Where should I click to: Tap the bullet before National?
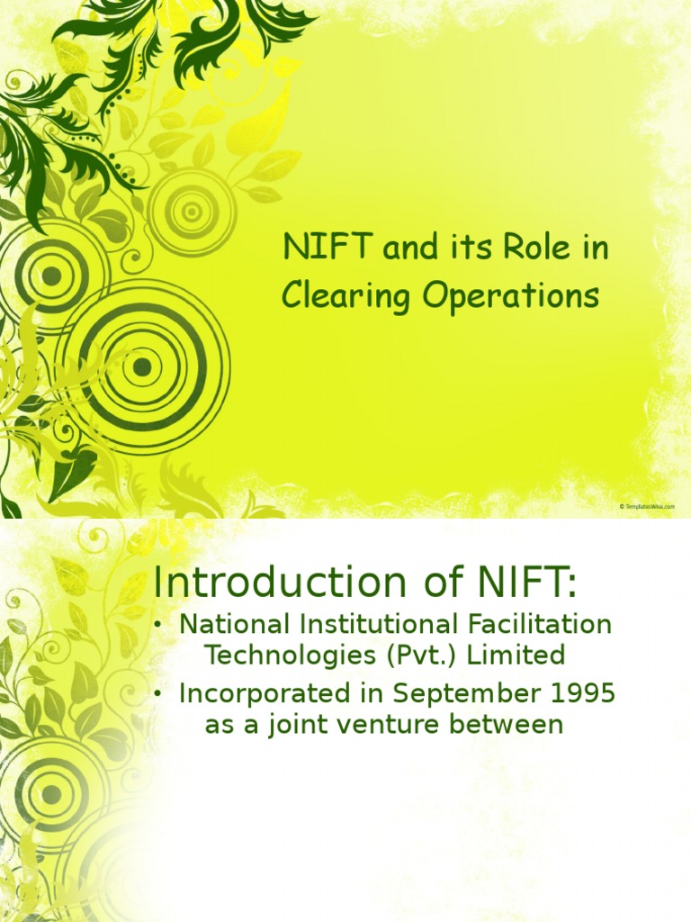point(158,624)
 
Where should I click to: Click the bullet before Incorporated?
point(158,694)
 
